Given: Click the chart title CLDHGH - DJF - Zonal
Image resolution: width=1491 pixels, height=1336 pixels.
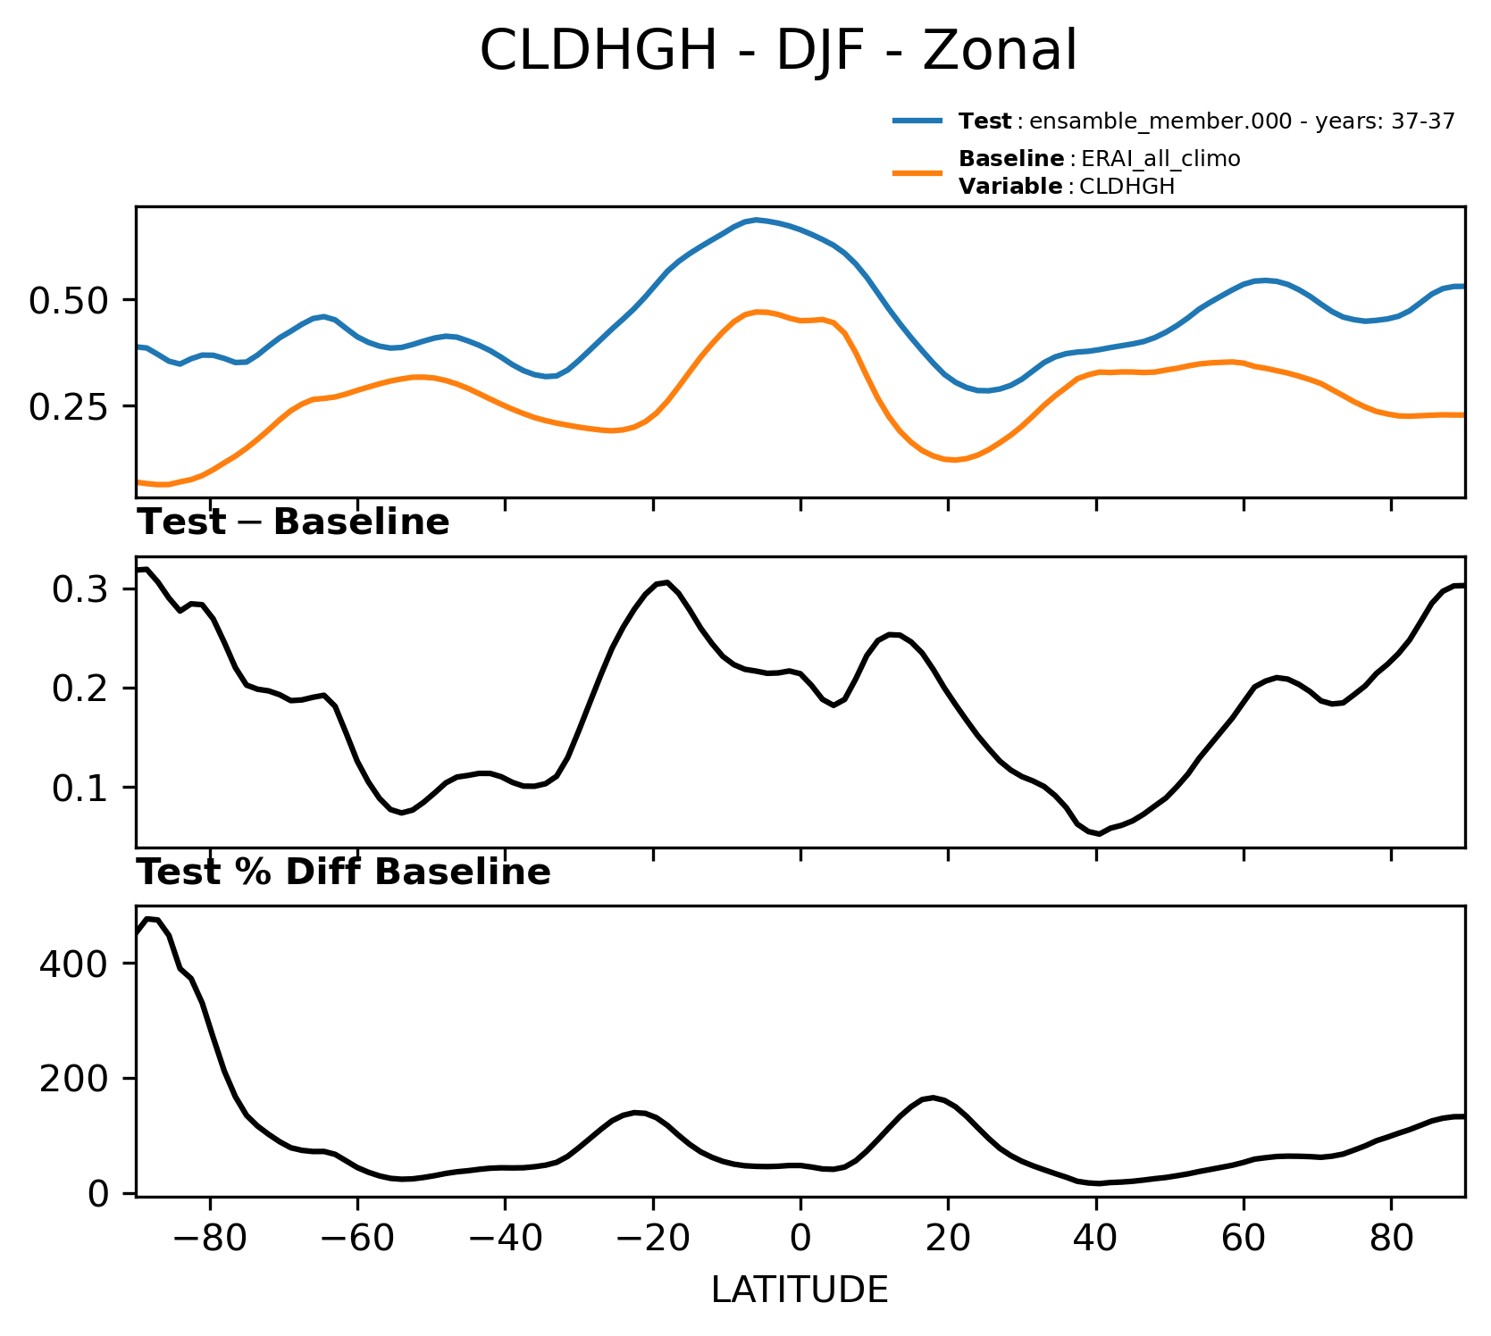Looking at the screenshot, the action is [778, 51].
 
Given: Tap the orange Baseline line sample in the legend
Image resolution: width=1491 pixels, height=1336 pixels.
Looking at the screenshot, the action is [917, 172].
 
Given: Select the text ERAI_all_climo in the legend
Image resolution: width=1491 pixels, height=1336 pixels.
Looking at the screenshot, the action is [1160, 159].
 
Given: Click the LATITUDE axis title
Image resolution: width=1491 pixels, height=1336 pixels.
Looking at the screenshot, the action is [800, 1290].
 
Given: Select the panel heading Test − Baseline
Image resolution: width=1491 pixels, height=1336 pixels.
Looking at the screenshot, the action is [293, 522].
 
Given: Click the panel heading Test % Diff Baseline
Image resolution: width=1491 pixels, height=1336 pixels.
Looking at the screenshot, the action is [344, 873].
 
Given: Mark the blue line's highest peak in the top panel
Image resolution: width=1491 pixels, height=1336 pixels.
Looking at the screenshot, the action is [756, 219].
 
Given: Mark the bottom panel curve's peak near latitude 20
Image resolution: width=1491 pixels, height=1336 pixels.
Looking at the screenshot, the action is [933, 1097].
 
